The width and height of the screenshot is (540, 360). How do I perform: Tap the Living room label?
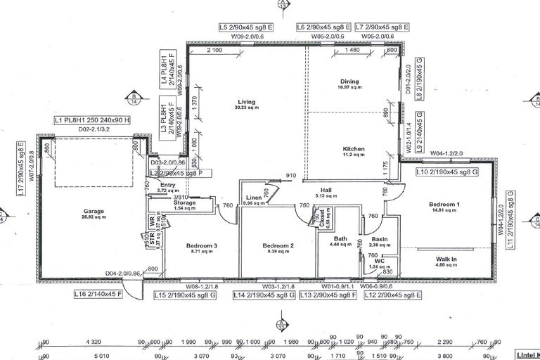point(246,102)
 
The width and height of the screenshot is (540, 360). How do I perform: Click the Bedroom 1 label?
point(444,205)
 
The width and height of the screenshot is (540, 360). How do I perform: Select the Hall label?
point(326,190)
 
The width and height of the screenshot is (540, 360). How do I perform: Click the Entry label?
point(167,185)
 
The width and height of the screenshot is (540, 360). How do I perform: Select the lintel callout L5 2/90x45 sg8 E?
point(250,27)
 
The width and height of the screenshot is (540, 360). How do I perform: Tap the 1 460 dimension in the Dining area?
point(353,51)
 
